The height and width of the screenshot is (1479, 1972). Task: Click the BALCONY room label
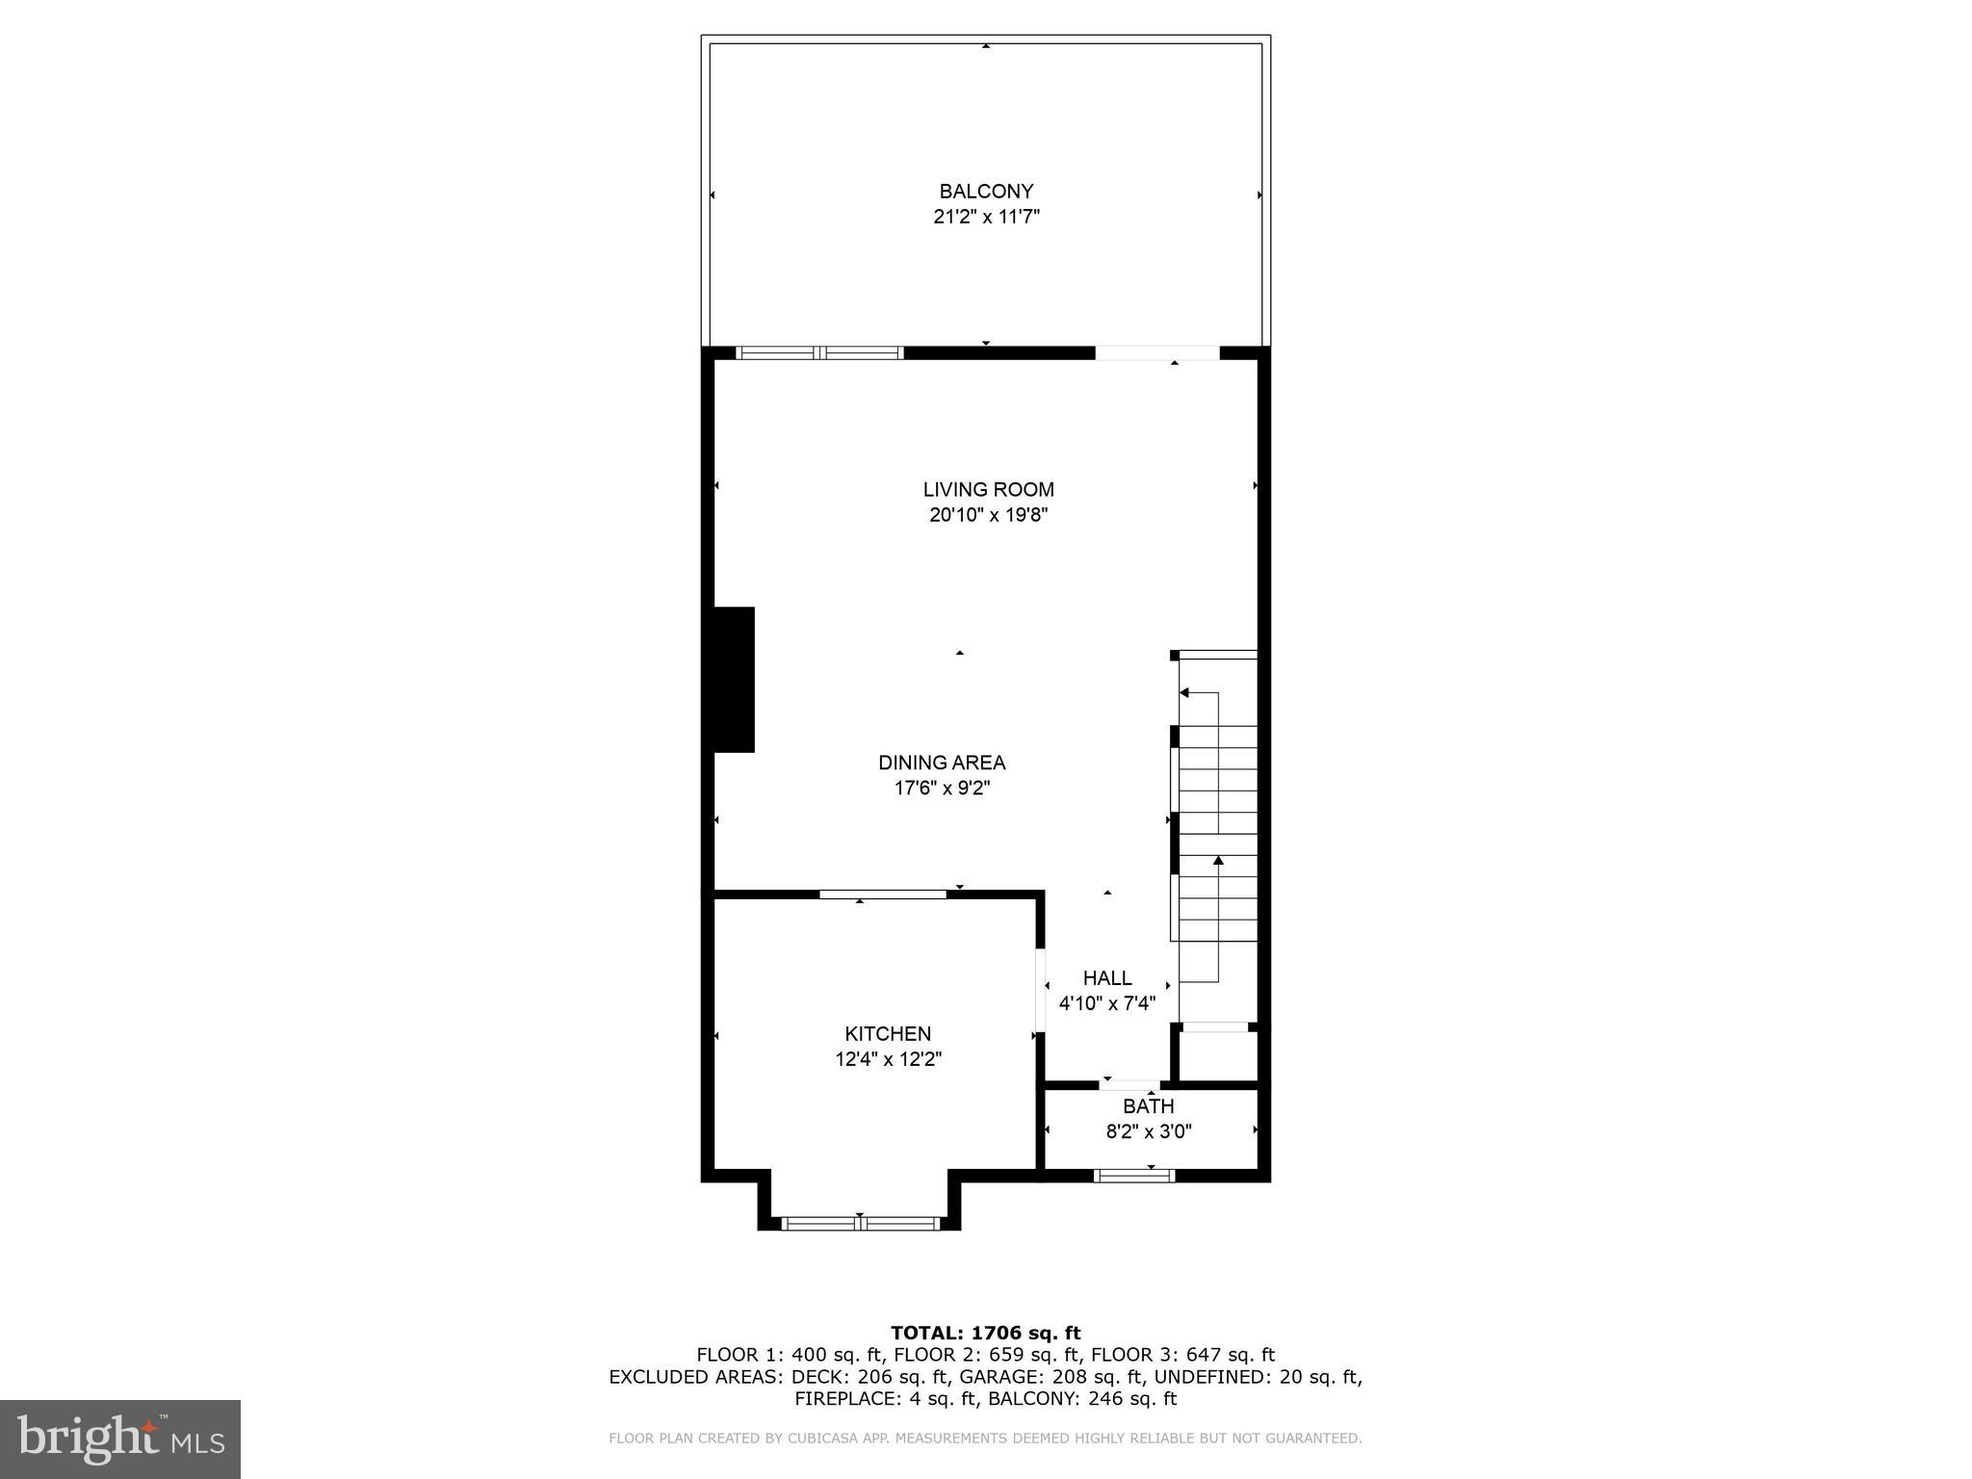[x=986, y=191]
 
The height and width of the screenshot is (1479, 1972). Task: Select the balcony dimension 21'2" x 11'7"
[x=986, y=217]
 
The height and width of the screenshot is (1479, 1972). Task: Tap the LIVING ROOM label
[x=988, y=489]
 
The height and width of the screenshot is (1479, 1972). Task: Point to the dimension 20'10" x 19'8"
[x=988, y=515]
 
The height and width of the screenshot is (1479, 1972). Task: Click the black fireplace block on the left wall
[x=733, y=679]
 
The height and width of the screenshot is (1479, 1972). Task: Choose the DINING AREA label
[x=941, y=763]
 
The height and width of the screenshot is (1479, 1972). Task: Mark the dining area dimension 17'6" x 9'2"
[x=941, y=789]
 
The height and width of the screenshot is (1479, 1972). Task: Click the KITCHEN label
[x=887, y=1034]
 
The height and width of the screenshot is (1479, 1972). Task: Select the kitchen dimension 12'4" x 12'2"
[x=887, y=1060]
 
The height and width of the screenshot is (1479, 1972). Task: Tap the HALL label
[x=1106, y=978]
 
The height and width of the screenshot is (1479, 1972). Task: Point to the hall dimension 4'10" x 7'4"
[x=1106, y=1004]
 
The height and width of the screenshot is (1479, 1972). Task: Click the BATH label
[x=1148, y=1106]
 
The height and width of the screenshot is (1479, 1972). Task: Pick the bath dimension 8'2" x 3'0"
[x=1148, y=1132]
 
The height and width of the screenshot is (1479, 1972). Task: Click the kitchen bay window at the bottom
[x=859, y=1224]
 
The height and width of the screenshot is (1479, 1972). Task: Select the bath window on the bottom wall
[x=1133, y=1175]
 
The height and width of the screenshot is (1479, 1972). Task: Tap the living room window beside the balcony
[x=819, y=352]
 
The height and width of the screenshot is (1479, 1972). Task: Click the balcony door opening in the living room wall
[x=1156, y=353]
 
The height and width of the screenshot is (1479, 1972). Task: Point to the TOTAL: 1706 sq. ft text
[x=985, y=1334]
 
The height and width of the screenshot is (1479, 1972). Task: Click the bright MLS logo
[x=120, y=1439]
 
